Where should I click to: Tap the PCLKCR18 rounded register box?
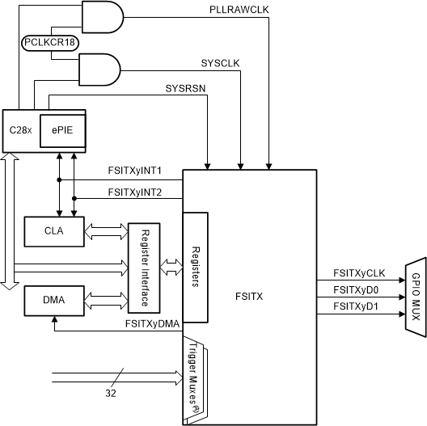(50, 42)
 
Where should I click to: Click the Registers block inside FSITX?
(195, 266)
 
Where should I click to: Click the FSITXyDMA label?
(152, 323)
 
